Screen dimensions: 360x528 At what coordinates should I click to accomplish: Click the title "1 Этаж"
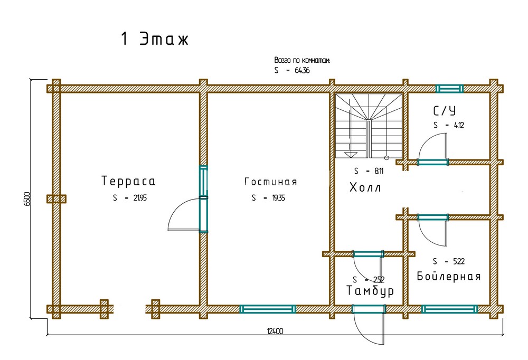tap(154, 40)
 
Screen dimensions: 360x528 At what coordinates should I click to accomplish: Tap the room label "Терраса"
tap(128, 182)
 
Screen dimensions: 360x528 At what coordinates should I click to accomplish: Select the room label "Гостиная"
tap(270, 182)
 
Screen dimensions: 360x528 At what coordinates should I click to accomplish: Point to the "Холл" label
tap(365, 187)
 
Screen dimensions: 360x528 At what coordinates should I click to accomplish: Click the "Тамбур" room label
tap(370, 291)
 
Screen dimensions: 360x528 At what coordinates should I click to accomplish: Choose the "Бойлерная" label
tap(448, 277)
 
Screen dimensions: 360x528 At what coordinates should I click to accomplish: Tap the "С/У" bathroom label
tap(444, 111)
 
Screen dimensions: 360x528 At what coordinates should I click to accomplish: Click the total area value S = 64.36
tap(291, 70)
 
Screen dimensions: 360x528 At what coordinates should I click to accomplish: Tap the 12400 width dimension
tap(275, 331)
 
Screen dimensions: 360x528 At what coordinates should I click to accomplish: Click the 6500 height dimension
tap(27, 199)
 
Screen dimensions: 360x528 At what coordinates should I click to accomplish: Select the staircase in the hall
tap(368, 126)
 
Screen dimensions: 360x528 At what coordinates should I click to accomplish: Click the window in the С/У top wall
tap(449, 88)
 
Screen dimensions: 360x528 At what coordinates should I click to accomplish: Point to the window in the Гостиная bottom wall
tap(268, 309)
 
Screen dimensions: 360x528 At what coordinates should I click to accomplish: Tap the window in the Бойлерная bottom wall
tap(449, 309)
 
